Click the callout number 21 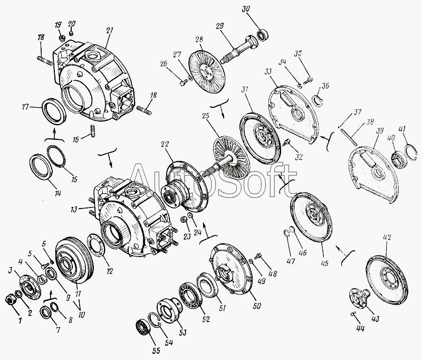[109, 30]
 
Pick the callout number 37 [358, 112]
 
